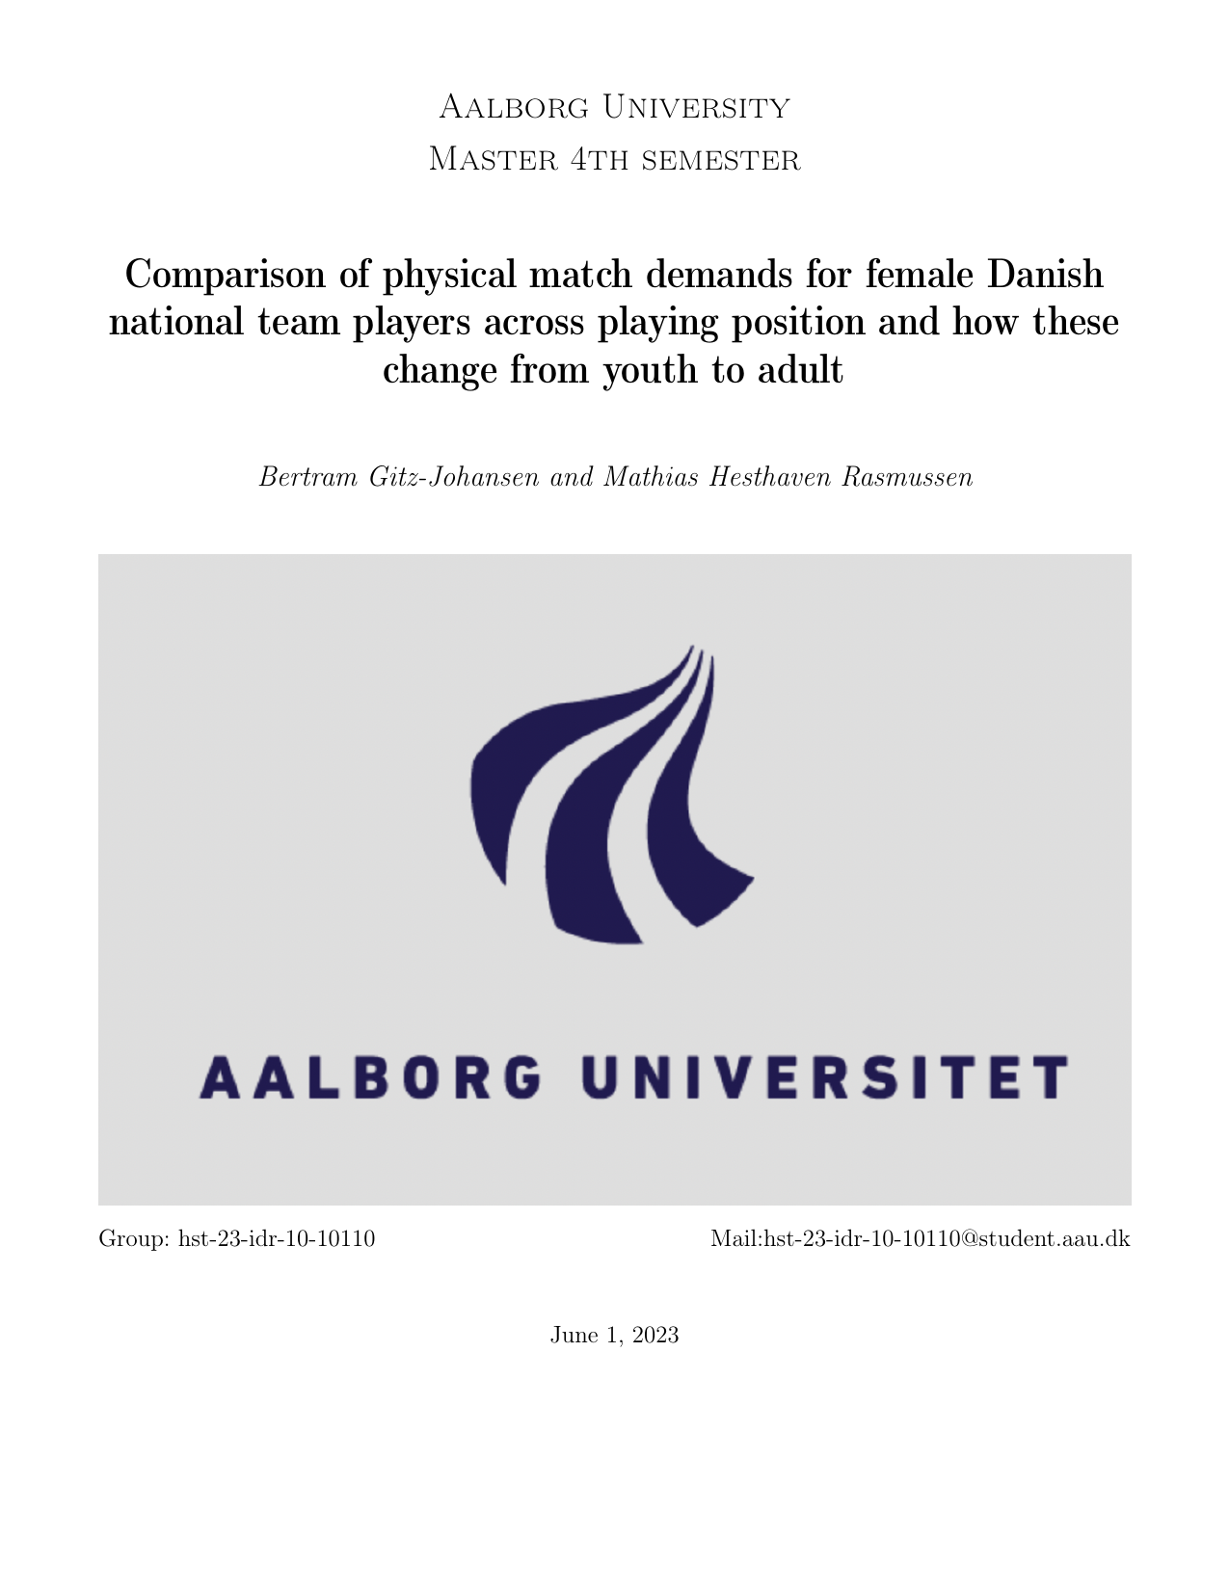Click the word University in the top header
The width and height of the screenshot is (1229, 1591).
pos(696,107)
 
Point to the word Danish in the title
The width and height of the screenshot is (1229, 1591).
pos(1045,275)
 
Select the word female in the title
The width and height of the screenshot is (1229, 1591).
pos(920,275)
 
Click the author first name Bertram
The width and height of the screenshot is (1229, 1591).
pos(308,477)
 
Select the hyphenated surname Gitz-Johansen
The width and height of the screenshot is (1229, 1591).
pos(454,477)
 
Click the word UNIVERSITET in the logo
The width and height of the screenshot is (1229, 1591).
pos(825,1077)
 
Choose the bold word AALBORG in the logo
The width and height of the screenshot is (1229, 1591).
pos(370,1077)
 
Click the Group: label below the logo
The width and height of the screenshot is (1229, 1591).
pos(135,1238)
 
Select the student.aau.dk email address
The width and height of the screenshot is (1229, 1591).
pos(920,1238)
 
